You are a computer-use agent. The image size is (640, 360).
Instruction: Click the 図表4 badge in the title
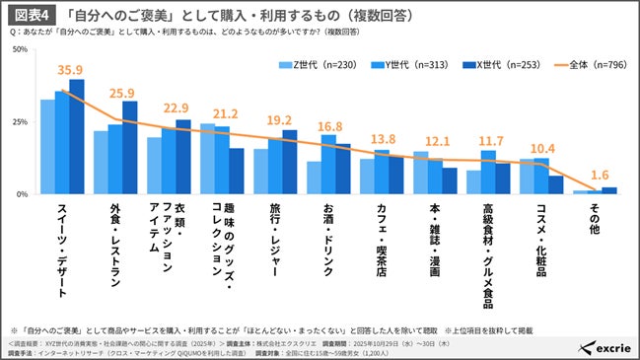click(34, 17)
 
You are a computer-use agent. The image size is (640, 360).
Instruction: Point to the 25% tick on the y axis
click(19, 121)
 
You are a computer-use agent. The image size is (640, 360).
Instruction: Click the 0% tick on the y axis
click(22, 194)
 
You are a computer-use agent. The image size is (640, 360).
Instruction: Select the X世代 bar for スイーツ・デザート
click(77, 137)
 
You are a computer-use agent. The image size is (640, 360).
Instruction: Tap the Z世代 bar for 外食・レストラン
click(101, 163)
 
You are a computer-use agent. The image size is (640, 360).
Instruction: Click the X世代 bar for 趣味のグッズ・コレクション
click(237, 172)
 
